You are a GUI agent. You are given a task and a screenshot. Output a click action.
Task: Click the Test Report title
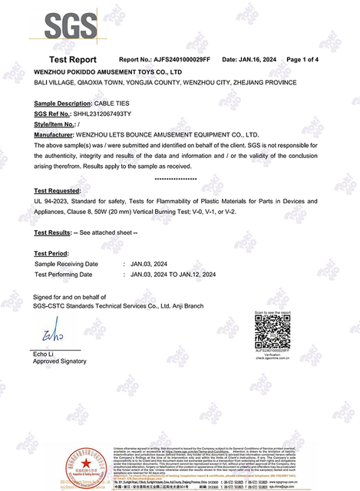tap(73, 59)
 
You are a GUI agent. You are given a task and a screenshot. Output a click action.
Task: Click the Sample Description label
tap(63, 103)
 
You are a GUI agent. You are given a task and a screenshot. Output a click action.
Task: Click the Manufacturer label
tap(58, 133)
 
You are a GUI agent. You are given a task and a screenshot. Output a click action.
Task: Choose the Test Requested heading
tap(58, 189)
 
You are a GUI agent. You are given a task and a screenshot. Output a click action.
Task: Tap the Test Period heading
tap(51, 252)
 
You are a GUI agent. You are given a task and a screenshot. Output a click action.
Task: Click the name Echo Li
tap(46, 352)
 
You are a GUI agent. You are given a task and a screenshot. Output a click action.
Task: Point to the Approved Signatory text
tap(61, 361)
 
